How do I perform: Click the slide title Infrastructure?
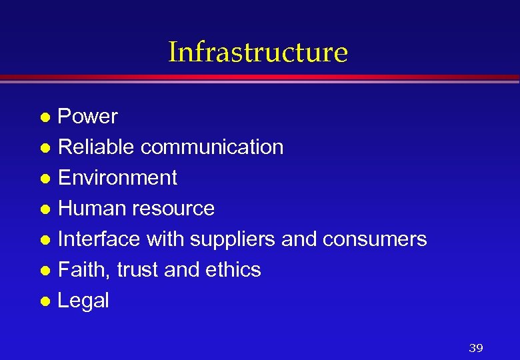click(x=258, y=52)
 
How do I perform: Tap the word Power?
click(x=88, y=117)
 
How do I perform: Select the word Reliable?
click(x=97, y=147)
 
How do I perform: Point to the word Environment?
click(x=117, y=178)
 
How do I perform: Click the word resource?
click(x=173, y=209)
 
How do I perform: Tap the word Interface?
click(x=99, y=239)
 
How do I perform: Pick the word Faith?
click(x=84, y=270)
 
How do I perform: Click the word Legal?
click(x=83, y=301)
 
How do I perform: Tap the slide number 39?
click(x=475, y=348)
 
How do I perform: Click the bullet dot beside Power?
click(x=45, y=117)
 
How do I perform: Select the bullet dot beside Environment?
click(x=45, y=179)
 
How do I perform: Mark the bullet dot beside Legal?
click(x=45, y=301)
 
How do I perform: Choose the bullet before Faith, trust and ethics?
click(x=45, y=271)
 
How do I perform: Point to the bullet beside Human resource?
click(x=45, y=209)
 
